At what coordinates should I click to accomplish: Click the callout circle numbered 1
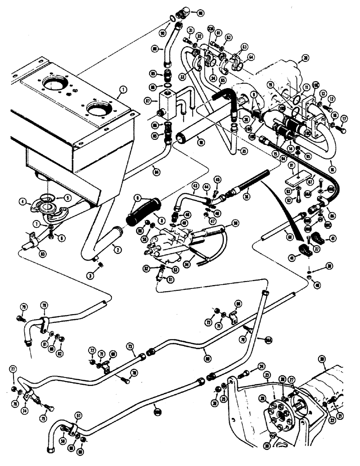point(123,88)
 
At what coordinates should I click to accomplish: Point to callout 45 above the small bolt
point(217,179)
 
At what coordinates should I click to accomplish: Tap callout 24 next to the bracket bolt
point(261,366)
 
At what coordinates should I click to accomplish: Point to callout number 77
point(13,369)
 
